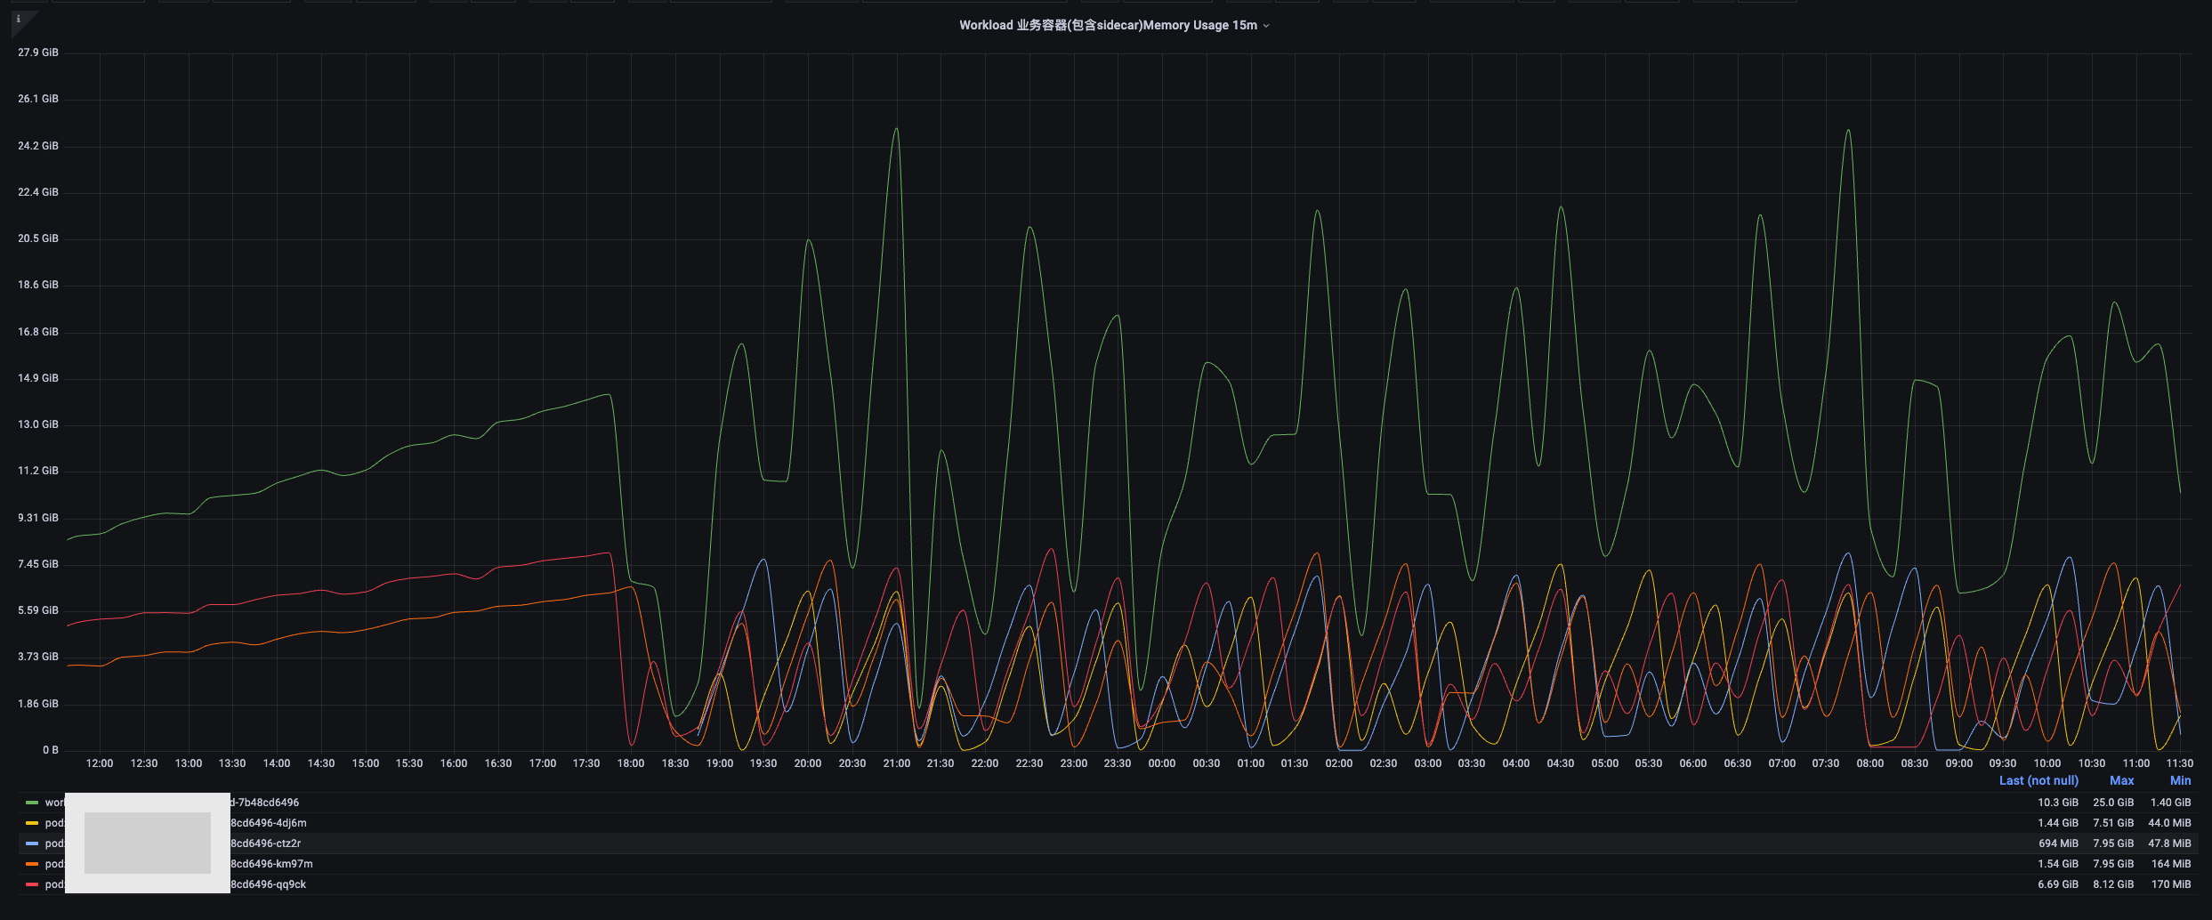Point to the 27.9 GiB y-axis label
click(x=38, y=52)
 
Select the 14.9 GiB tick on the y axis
click(x=38, y=378)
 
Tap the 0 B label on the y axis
click(x=51, y=750)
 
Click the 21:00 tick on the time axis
click(x=896, y=763)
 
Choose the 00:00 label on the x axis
click(x=1161, y=763)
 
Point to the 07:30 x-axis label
click(x=1826, y=763)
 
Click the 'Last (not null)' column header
click(x=2038, y=780)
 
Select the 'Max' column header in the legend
click(x=2121, y=780)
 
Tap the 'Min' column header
click(x=2180, y=780)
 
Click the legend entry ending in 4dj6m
click(x=268, y=823)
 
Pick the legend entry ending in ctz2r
click(x=265, y=843)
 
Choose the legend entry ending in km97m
click(x=271, y=864)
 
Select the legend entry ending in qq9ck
click(x=268, y=884)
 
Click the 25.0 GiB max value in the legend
click(x=2113, y=803)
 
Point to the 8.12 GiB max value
click(x=2113, y=884)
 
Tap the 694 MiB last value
click(x=2058, y=843)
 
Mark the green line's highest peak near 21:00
click(x=896, y=129)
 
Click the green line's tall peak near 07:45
click(x=1848, y=131)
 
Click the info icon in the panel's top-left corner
click(x=19, y=19)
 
